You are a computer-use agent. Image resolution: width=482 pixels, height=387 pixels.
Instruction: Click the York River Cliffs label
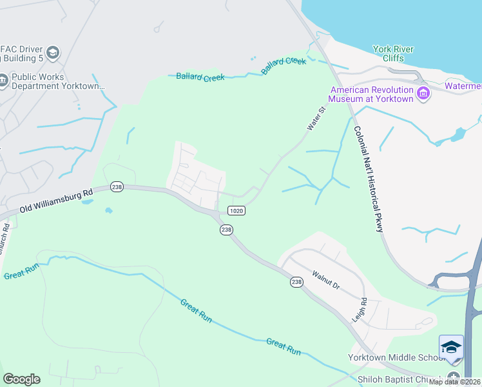(394, 54)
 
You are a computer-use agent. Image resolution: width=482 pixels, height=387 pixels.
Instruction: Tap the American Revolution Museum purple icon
(423, 94)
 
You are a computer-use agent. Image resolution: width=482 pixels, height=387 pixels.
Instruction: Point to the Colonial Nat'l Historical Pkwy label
(368, 179)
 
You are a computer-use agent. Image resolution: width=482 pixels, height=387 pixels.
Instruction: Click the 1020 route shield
(236, 210)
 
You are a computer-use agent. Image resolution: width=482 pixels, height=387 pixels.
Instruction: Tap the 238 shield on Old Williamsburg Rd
(117, 186)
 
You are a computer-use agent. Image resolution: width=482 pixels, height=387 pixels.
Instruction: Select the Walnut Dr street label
(325, 279)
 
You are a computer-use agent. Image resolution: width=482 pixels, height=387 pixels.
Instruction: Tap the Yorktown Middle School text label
(394, 358)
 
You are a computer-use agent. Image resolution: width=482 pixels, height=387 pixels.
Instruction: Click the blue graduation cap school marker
(451, 348)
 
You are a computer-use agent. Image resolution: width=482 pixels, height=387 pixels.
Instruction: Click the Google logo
(21, 379)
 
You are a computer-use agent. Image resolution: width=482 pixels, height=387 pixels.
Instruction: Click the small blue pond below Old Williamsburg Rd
(109, 210)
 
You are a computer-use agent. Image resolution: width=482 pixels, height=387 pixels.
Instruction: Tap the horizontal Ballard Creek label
(200, 77)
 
